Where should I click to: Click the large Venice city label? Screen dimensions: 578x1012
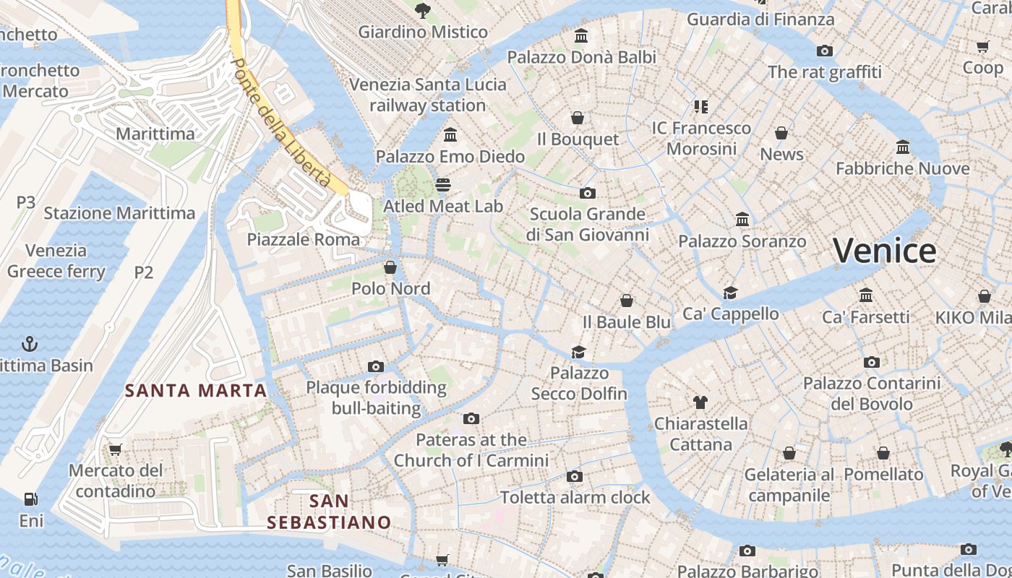tap(884, 251)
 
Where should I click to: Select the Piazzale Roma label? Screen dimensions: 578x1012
tap(303, 239)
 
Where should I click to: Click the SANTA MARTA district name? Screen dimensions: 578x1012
tap(196, 391)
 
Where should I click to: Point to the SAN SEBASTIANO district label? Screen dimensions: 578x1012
tap(329, 512)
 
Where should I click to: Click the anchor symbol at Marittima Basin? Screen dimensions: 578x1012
tap(30, 343)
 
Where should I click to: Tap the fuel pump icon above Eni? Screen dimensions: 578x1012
tap(30, 499)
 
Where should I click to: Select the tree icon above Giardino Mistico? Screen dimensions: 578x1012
tap(423, 10)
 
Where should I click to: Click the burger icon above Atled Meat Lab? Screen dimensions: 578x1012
tap(442, 185)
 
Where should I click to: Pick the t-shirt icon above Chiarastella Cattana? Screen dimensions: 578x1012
tap(700, 402)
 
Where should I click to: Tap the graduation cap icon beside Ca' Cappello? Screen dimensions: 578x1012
tap(730, 293)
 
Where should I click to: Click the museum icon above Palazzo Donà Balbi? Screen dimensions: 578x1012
tap(580, 35)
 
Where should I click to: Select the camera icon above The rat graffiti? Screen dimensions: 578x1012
tap(824, 51)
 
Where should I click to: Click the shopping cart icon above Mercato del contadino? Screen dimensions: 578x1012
tap(115, 449)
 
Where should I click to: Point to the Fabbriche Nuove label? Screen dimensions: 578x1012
tap(902, 168)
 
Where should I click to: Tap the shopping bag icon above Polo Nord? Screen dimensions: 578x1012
tap(390, 267)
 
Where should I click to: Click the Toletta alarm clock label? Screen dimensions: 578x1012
tap(575, 497)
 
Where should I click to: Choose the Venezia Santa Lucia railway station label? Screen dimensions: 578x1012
tap(428, 95)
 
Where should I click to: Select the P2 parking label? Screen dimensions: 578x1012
tap(144, 272)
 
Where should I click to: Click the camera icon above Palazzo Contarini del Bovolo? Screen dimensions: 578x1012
tap(872, 362)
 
